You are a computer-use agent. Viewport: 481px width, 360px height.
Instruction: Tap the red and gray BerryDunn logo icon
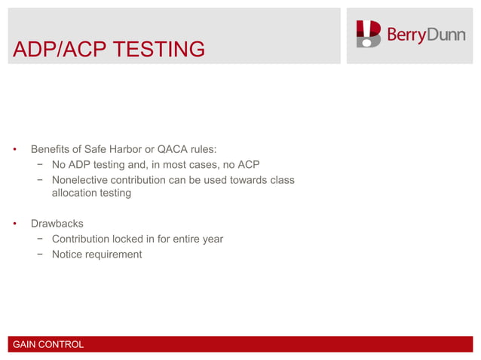(369, 34)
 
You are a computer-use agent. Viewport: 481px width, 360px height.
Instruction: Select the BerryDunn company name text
(425, 35)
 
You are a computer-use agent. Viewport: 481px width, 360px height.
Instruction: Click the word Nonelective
(81, 180)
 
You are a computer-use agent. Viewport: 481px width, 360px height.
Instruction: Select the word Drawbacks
(57, 224)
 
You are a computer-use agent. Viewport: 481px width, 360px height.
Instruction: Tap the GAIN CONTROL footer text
(48, 345)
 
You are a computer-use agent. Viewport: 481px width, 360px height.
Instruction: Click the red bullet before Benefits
(14, 149)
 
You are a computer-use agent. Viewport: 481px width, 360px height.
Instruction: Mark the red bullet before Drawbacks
(14, 224)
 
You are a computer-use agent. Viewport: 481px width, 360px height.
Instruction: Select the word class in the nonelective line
(280, 180)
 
